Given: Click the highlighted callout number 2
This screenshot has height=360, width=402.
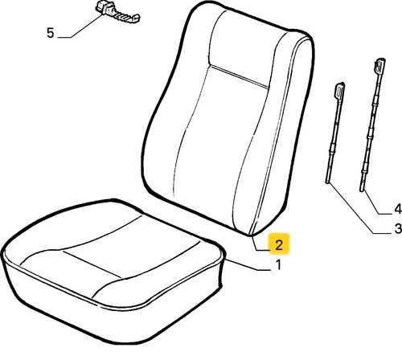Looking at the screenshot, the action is [x=279, y=244].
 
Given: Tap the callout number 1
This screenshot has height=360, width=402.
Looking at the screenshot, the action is [x=279, y=264].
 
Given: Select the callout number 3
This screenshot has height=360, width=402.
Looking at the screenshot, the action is [x=398, y=228].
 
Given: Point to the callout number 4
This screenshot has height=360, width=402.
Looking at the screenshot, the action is [x=398, y=209].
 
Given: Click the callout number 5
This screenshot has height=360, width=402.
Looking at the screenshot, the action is [x=50, y=33].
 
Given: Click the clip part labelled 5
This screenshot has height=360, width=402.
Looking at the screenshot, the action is [x=117, y=13].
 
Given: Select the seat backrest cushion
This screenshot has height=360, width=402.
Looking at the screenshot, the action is [x=228, y=118].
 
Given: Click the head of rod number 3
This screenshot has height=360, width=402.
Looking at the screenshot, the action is [x=339, y=91].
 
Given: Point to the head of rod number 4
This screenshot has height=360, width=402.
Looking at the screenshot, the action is [x=379, y=66].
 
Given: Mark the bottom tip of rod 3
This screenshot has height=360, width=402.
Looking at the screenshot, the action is [x=327, y=182].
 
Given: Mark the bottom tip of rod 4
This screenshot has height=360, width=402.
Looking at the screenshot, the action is [x=362, y=190].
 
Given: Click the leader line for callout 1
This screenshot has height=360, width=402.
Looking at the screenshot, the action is [x=248, y=266].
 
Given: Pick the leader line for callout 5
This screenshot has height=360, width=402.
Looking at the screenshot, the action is [x=80, y=27].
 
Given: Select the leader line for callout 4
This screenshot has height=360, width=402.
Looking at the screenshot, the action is [x=372, y=203].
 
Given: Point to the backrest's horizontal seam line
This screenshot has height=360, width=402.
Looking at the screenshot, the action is [x=239, y=76].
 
